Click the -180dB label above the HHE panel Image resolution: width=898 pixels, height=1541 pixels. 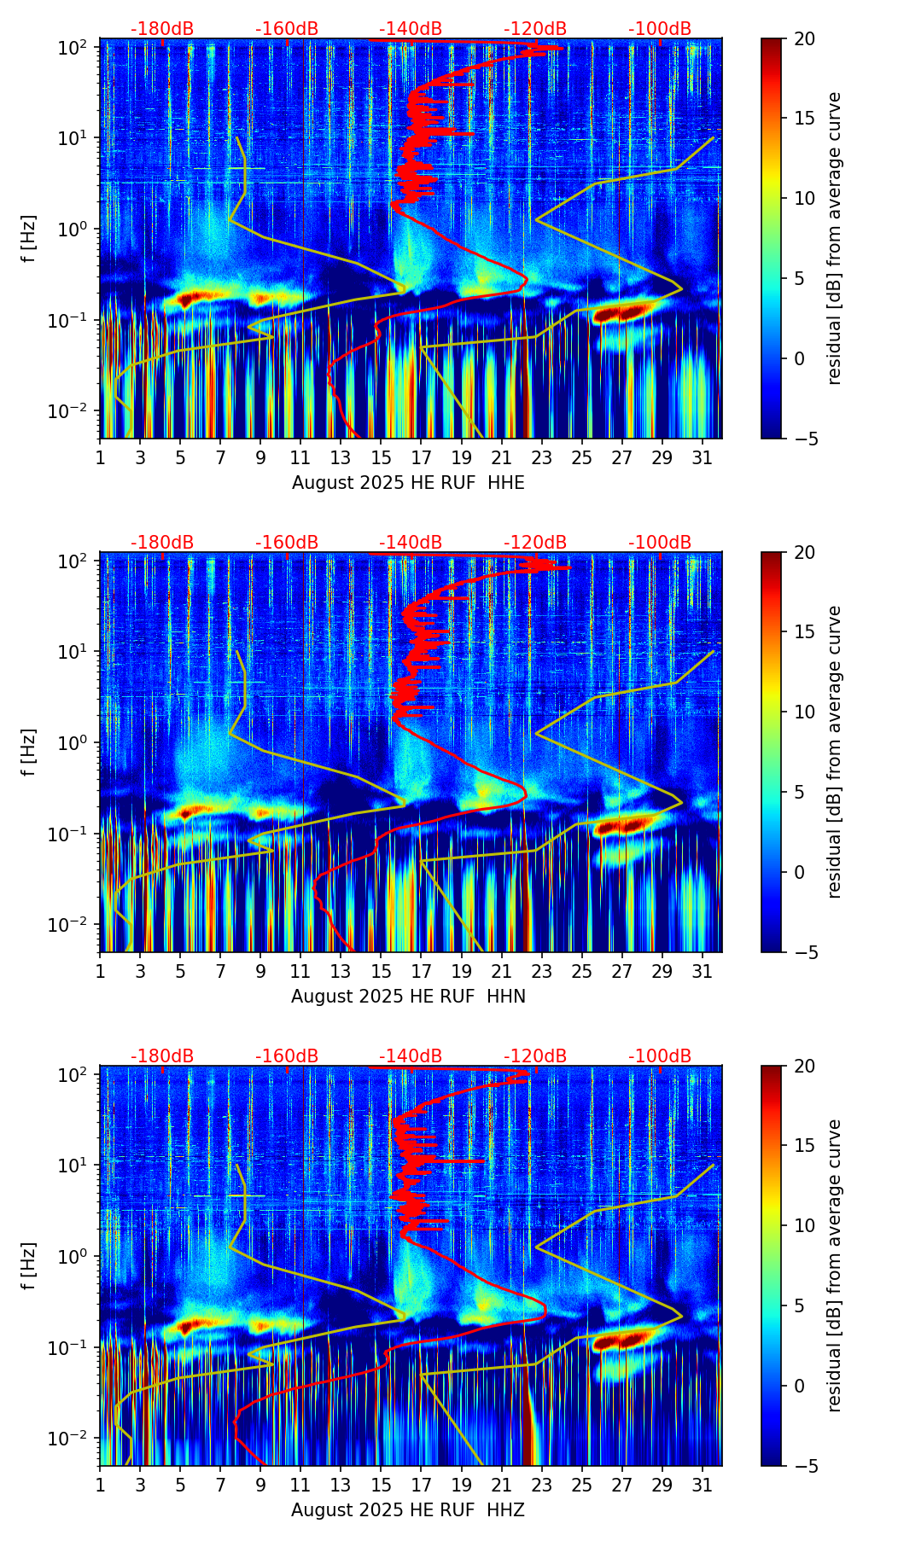click(162, 29)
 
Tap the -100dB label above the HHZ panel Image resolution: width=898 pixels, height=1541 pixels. click(660, 1056)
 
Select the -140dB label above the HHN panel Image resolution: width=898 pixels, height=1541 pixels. click(411, 543)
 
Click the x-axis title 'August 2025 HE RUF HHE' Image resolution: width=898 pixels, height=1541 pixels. click(408, 483)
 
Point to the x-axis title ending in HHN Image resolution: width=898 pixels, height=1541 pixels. click(408, 997)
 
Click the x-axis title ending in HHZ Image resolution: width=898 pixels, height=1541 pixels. click(408, 1510)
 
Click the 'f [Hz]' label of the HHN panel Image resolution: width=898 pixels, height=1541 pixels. click(29, 752)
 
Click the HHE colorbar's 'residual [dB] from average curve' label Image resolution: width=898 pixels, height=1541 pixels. click(834, 238)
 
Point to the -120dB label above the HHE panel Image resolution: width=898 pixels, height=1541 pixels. click(535, 29)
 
